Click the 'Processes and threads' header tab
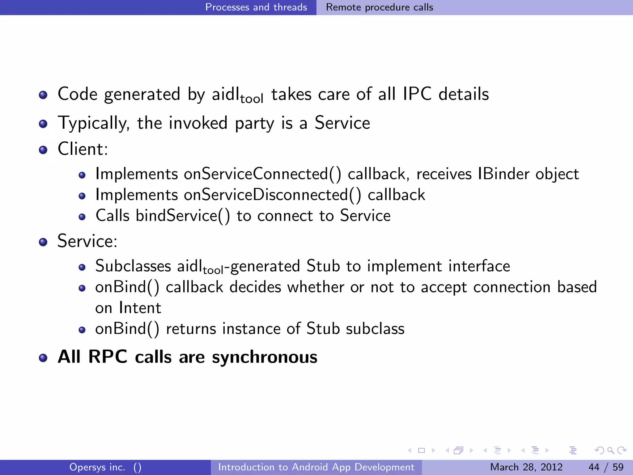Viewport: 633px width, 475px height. (x=256, y=7)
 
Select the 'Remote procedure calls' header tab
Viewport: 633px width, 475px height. (x=380, y=7)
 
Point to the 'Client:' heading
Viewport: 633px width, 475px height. (x=83, y=149)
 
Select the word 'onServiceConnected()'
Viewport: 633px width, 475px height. (x=262, y=174)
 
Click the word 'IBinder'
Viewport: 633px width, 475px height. (x=503, y=174)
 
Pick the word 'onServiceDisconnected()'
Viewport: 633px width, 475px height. (x=272, y=195)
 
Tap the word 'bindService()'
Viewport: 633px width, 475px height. (x=183, y=216)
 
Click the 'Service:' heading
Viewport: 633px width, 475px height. (x=87, y=241)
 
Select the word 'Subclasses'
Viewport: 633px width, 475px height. (x=133, y=266)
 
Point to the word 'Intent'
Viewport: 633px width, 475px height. (x=140, y=308)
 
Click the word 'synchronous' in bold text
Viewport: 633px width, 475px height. (x=265, y=357)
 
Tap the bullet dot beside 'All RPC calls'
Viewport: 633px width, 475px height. (x=43, y=358)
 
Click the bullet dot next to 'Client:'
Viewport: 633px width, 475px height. (x=43, y=150)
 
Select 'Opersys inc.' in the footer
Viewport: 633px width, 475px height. (x=97, y=467)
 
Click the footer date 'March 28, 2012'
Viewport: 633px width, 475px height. (x=526, y=467)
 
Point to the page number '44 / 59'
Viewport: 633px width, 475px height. (x=606, y=467)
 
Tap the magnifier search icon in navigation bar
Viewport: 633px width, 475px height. (x=610, y=450)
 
